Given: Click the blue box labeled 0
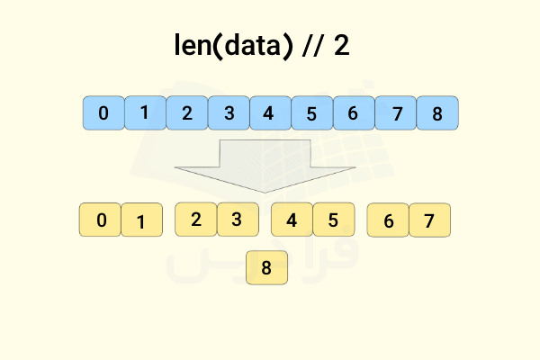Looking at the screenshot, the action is click(x=103, y=113).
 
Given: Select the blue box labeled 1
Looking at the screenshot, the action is click(x=145, y=113).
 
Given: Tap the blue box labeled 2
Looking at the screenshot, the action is click(x=187, y=113).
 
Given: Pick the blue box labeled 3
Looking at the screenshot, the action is click(x=229, y=113).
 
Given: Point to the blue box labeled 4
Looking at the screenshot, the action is click(x=270, y=113).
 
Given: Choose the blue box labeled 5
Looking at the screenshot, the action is click(x=312, y=113).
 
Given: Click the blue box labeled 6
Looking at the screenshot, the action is click(x=354, y=113).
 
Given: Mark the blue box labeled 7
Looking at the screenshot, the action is click(x=395, y=113).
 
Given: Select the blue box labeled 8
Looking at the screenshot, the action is click(x=437, y=113).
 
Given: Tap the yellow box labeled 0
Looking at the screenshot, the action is click(x=100, y=220).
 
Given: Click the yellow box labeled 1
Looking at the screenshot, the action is click(x=142, y=220).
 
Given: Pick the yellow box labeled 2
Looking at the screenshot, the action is click(x=196, y=219).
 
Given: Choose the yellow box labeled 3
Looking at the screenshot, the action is click(x=238, y=219).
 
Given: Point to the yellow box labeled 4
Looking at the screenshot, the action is click(x=292, y=220).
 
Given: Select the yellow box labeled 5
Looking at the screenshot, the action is click(x=334, y=220).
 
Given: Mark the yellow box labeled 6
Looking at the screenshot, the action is click(x=388, y=220).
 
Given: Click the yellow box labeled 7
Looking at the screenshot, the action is click(x=430, y=220).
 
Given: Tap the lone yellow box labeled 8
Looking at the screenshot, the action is click(x=267, y=267).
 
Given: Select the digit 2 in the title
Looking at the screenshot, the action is click(x=342, y=45).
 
